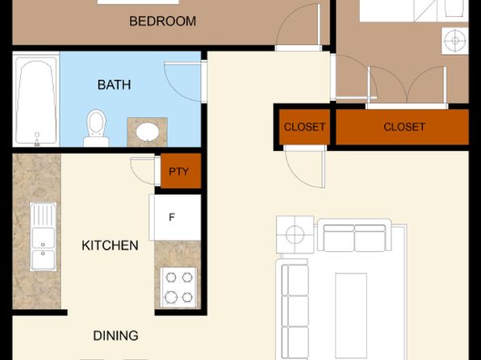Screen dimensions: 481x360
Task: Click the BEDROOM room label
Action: coord(162,21)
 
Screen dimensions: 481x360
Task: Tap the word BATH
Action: coord(114,85)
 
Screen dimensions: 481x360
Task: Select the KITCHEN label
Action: coord(110,245)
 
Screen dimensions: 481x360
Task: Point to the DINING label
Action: coord(115,336)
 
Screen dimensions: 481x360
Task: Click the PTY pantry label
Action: coord(178,171)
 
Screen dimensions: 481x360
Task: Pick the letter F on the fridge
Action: coord(172,217)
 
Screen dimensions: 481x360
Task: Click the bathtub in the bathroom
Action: coord(36,100)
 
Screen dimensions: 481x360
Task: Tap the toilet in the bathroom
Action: coord(96,128)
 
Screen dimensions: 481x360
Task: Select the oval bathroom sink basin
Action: coord(148,132)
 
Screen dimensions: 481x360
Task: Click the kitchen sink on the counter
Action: coord(44,237)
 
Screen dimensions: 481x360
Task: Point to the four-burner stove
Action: coord(179,287)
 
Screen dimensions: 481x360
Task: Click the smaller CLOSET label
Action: coord(304,127)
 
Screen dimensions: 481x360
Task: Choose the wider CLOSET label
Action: coord(404,127)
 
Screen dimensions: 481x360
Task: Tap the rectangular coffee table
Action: coord(351,316)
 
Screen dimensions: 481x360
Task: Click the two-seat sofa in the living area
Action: coord(354,235)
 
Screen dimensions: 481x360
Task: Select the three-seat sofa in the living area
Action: coord(292,309)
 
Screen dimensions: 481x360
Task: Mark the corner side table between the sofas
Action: coord(295,235)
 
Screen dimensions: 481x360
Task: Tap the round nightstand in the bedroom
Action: coord(455,41)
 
